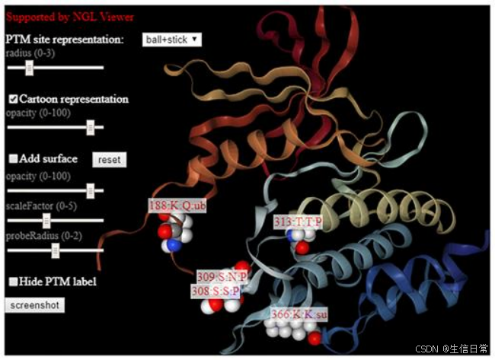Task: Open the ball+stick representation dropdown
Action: (x=171, y=39)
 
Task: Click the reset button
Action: (x=109, y=160)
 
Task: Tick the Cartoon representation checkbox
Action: (x=13, y=99)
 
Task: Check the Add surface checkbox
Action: (x=13, y=158)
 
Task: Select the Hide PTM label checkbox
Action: (x=13, y=282)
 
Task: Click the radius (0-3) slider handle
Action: (x=30, y=68)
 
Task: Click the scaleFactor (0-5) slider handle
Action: (x=46, y=220)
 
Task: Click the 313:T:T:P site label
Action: (x=298, y=221)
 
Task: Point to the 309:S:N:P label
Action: (x=222, y=277)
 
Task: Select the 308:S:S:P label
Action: (x=216, y=291)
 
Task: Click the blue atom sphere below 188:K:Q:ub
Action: (x=174, y=245)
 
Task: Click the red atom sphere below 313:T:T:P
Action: (x=302, y=247)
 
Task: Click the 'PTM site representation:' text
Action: (x=64, y=39)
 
